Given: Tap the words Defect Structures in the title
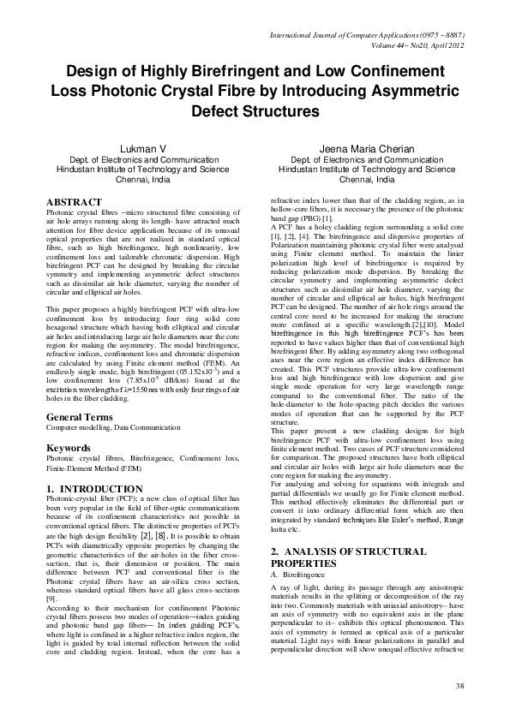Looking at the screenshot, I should click(255, 111).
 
